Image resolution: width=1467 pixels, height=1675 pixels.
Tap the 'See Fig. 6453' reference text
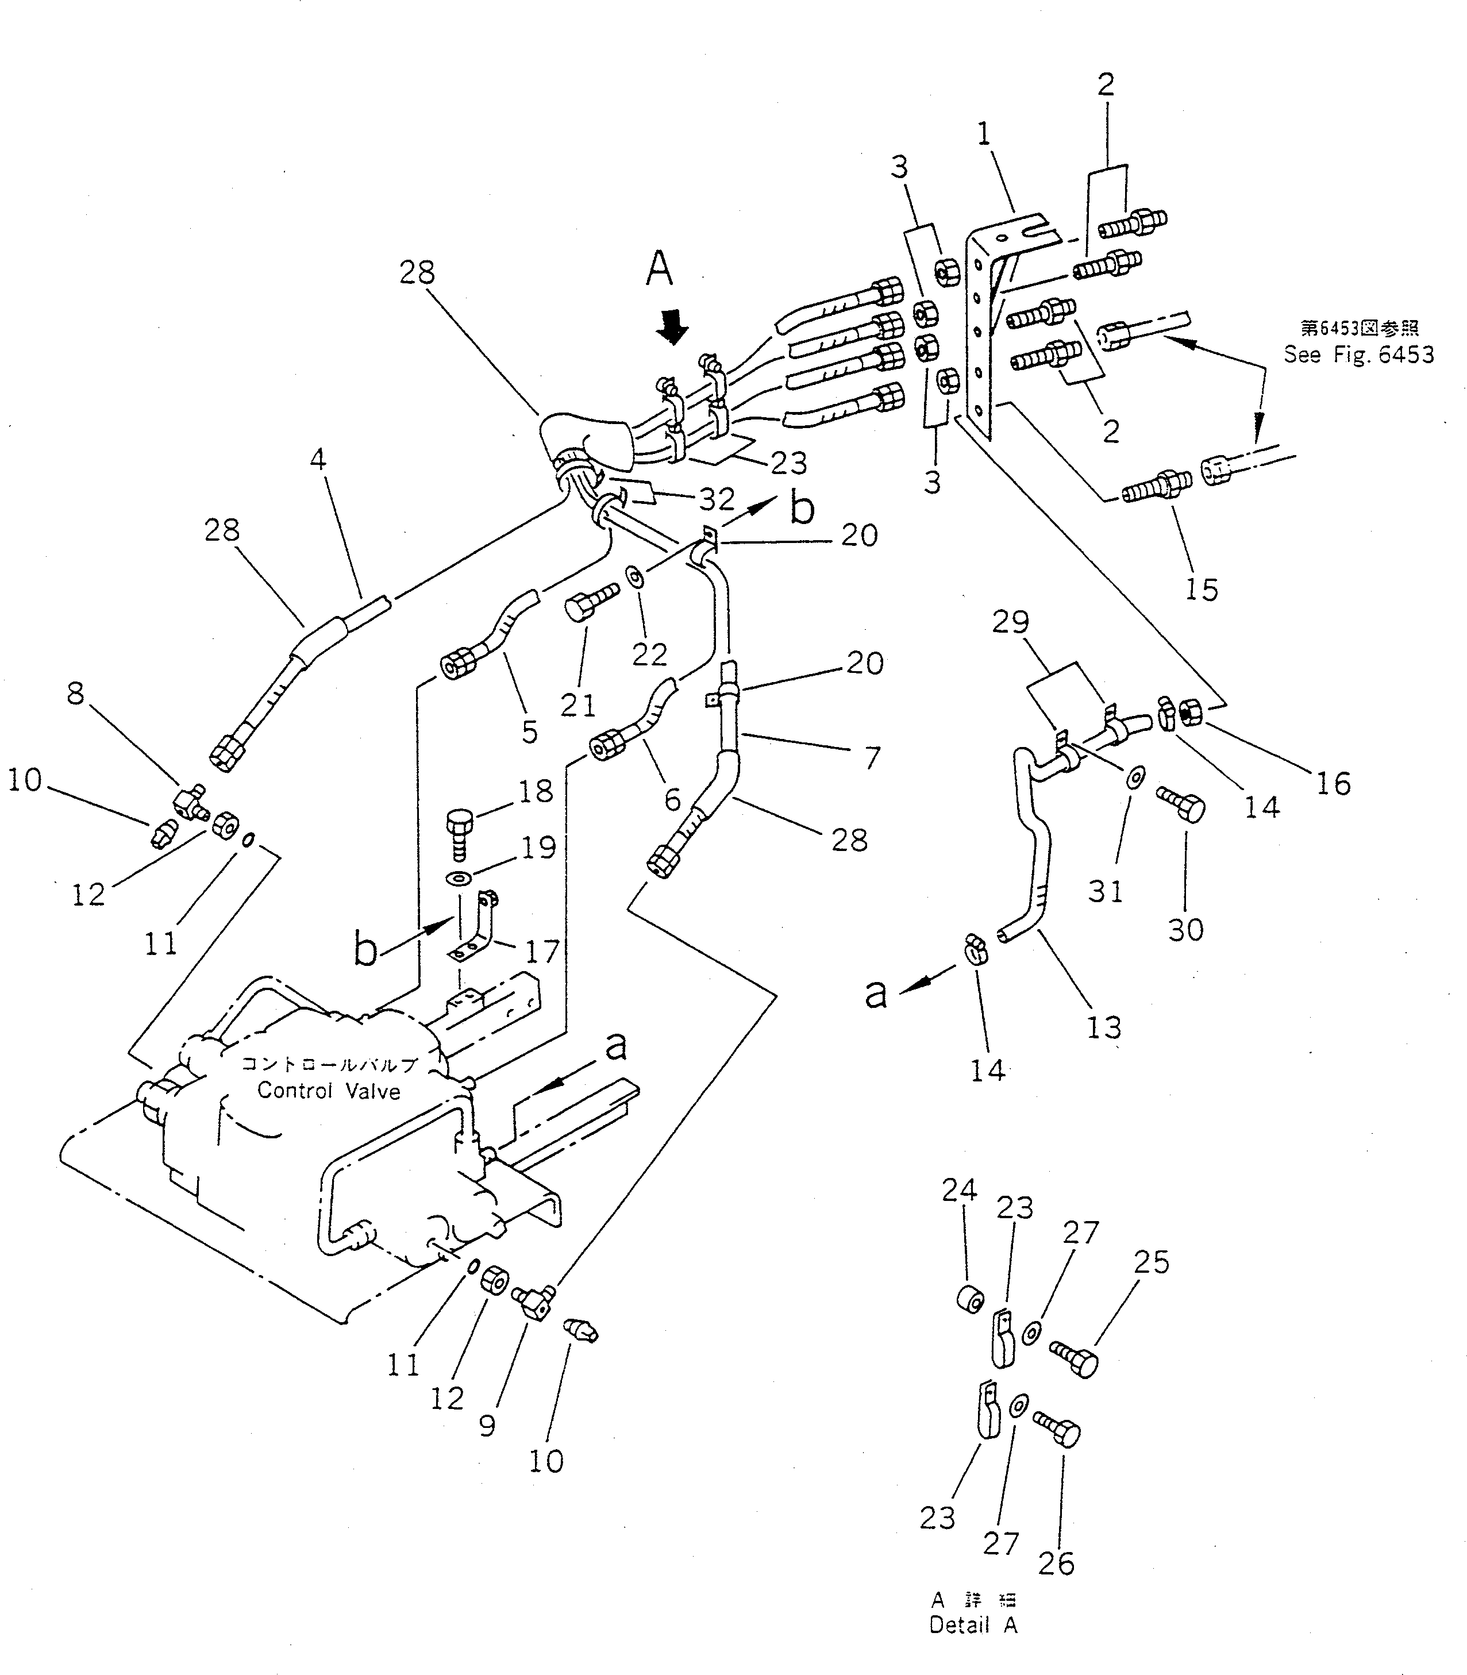[x=1358, y=355]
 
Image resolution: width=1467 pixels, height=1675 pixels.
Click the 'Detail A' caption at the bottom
[x=973, y=1625]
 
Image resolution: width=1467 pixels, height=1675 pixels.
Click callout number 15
[x=1201, y=588]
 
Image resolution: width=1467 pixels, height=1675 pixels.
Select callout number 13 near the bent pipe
[x=1103, y=1027]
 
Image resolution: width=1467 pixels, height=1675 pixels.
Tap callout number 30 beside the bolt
[x=1185, y=929]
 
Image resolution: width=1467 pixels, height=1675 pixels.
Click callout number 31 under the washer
[x=1105, y=891]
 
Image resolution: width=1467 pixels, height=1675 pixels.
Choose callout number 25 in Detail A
[x=1151, y=1262]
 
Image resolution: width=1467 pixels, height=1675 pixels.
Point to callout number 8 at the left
[x=75, y=694]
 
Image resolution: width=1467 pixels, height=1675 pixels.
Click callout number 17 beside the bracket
[x=542, y=952]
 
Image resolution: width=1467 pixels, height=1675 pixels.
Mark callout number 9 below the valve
[x=487, y=1426]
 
